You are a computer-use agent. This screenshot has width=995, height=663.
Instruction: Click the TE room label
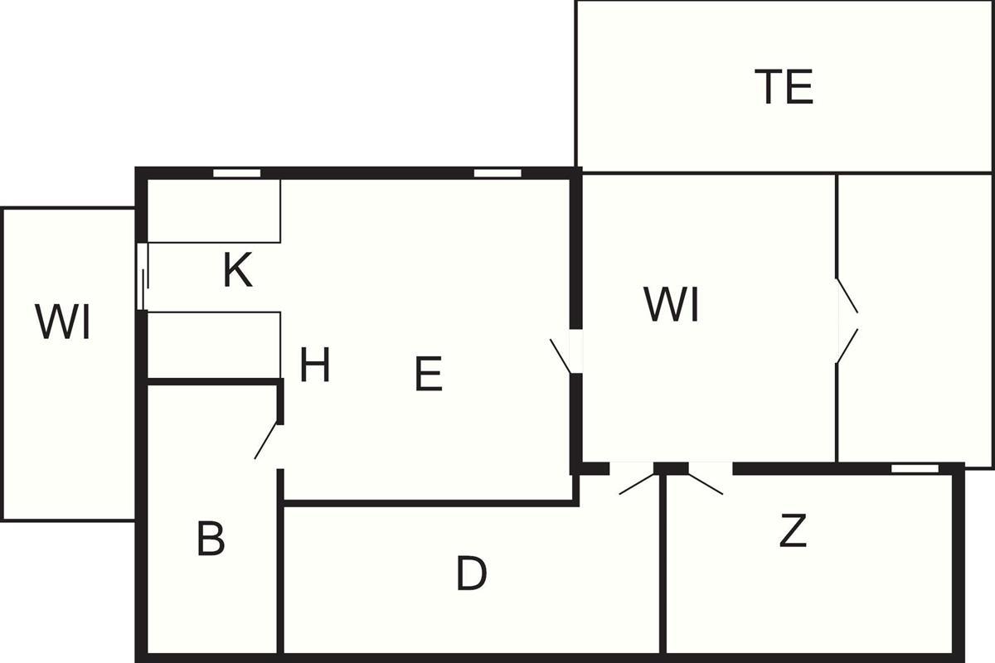pyautogui.click(x=784, y=87)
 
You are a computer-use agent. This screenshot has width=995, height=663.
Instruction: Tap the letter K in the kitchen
pyautogui.click(x=237, y=270)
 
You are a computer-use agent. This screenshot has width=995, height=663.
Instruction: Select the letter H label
pyautogui.click(x=315, y=365)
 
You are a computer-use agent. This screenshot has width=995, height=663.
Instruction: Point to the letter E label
pyautogui.click(x=428, y=375)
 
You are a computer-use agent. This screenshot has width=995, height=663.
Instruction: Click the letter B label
pyautogui.click(x=211, y=540)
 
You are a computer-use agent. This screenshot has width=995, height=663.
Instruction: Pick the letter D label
pyautogui.click(x=471, y=573)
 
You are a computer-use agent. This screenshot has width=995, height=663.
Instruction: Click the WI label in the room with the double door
pyautogui.click(x=672, y=305)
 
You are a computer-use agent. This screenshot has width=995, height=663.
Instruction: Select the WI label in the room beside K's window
pyautogui.click(x=63, y=322)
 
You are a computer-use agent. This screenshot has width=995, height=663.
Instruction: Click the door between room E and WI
pyautogui.click(x=562, y=355)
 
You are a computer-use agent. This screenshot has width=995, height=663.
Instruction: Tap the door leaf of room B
pyautogui.click(x=267, y=440)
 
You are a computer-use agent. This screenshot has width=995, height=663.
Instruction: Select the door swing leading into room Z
pyautogui.click(x=705, y=483)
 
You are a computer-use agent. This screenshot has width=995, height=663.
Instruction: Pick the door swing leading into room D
pyautogui.click(x=637, y=483)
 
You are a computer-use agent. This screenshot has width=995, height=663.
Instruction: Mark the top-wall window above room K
pyautogui.click(x=237, y=173)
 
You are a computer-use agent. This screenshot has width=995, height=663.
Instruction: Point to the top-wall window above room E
pyautogui.click(x=498, y=173)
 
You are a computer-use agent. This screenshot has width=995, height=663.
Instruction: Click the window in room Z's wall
pyautogui.click(x=915, y=468)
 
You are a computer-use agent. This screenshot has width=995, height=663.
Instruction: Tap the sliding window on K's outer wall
pyautogui.click(x=142, y=277)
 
